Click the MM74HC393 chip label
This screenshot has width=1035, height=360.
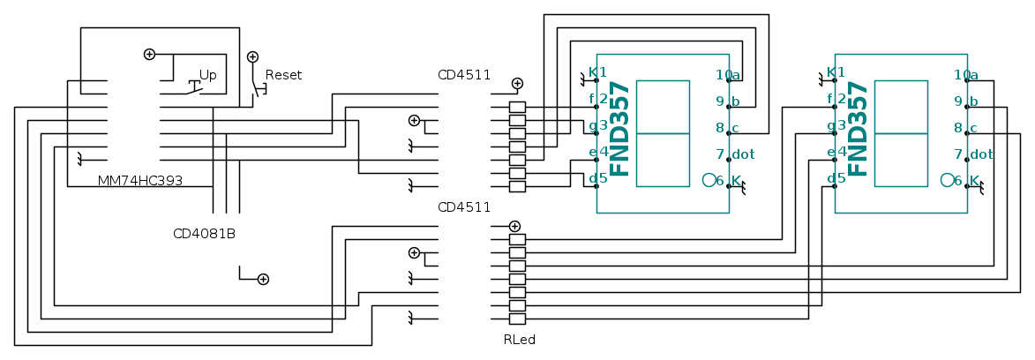(x=140, y=181)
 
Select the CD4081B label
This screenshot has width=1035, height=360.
(x=204, y=234)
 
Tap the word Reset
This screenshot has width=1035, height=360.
(x=283, y=75)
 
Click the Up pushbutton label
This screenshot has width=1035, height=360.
(x=207, y=75)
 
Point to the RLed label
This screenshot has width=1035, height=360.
(x=519, y=339)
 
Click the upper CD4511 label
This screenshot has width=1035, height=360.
(x=464, y=74)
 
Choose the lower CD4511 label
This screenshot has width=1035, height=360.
(x=464, y=207)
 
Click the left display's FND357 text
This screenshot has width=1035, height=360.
(x=621, y=129)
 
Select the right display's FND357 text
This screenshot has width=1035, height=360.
(x=859, y=129)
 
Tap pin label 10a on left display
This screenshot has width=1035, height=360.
(x=728, y=74)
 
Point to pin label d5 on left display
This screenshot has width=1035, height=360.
(x=598, y=178)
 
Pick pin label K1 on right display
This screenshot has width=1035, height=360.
(x=836, y=72)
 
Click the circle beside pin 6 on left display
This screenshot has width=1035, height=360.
(x=709, y=180)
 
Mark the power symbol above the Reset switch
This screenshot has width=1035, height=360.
(x=252, y=56)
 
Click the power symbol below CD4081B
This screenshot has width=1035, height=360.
(x=263, y=280)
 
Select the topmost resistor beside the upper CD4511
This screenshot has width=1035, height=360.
(x=518, y=107)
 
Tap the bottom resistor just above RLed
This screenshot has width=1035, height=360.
(x=518, y=319)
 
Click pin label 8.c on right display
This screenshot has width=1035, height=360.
(x=967, y=128)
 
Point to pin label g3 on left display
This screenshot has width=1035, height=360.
(x=598, y=125)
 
